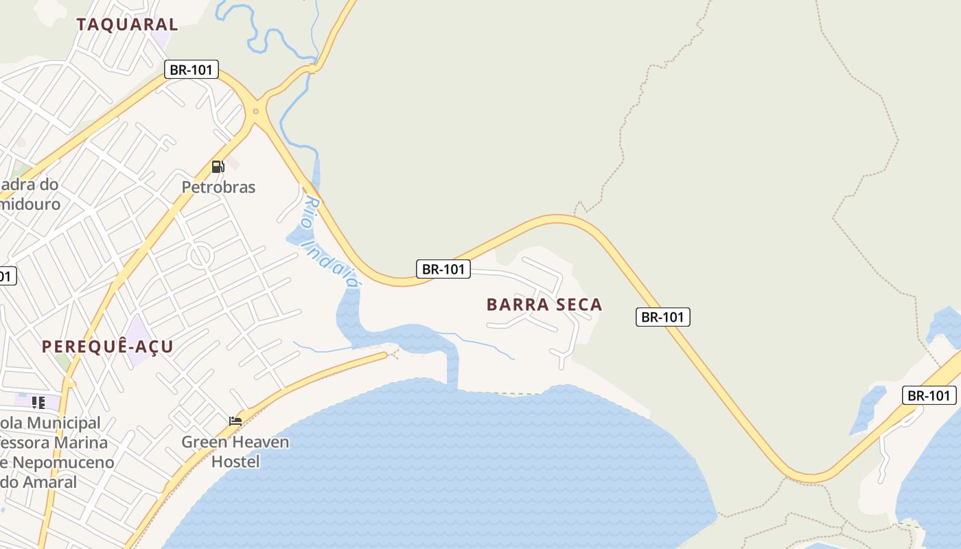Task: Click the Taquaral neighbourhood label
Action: (x=127, y=25)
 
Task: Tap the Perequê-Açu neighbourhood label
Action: (x=108, y=347)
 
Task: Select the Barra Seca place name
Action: (x=544, y=305)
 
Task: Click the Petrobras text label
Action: (x=218, y=187)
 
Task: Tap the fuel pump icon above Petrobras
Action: (x=218, y=166)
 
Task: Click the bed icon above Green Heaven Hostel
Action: (x=235, y=421)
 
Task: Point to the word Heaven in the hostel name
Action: (x=259, y=442)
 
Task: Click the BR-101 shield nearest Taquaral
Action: (x=192, y=69)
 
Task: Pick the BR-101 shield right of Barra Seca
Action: (x=662, y=317)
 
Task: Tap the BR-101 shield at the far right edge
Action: (x=929, y=395)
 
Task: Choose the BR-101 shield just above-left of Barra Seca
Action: (x=443, y=269)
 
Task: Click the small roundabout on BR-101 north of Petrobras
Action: (x=256, y=110)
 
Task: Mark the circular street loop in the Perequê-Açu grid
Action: (x=200, y=256)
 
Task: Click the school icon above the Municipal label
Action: (x=38, y=402)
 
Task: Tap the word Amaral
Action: (x=48, y=482)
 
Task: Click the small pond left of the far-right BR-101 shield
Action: (x=867, y=409)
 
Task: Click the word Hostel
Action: (x=235, y=461)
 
